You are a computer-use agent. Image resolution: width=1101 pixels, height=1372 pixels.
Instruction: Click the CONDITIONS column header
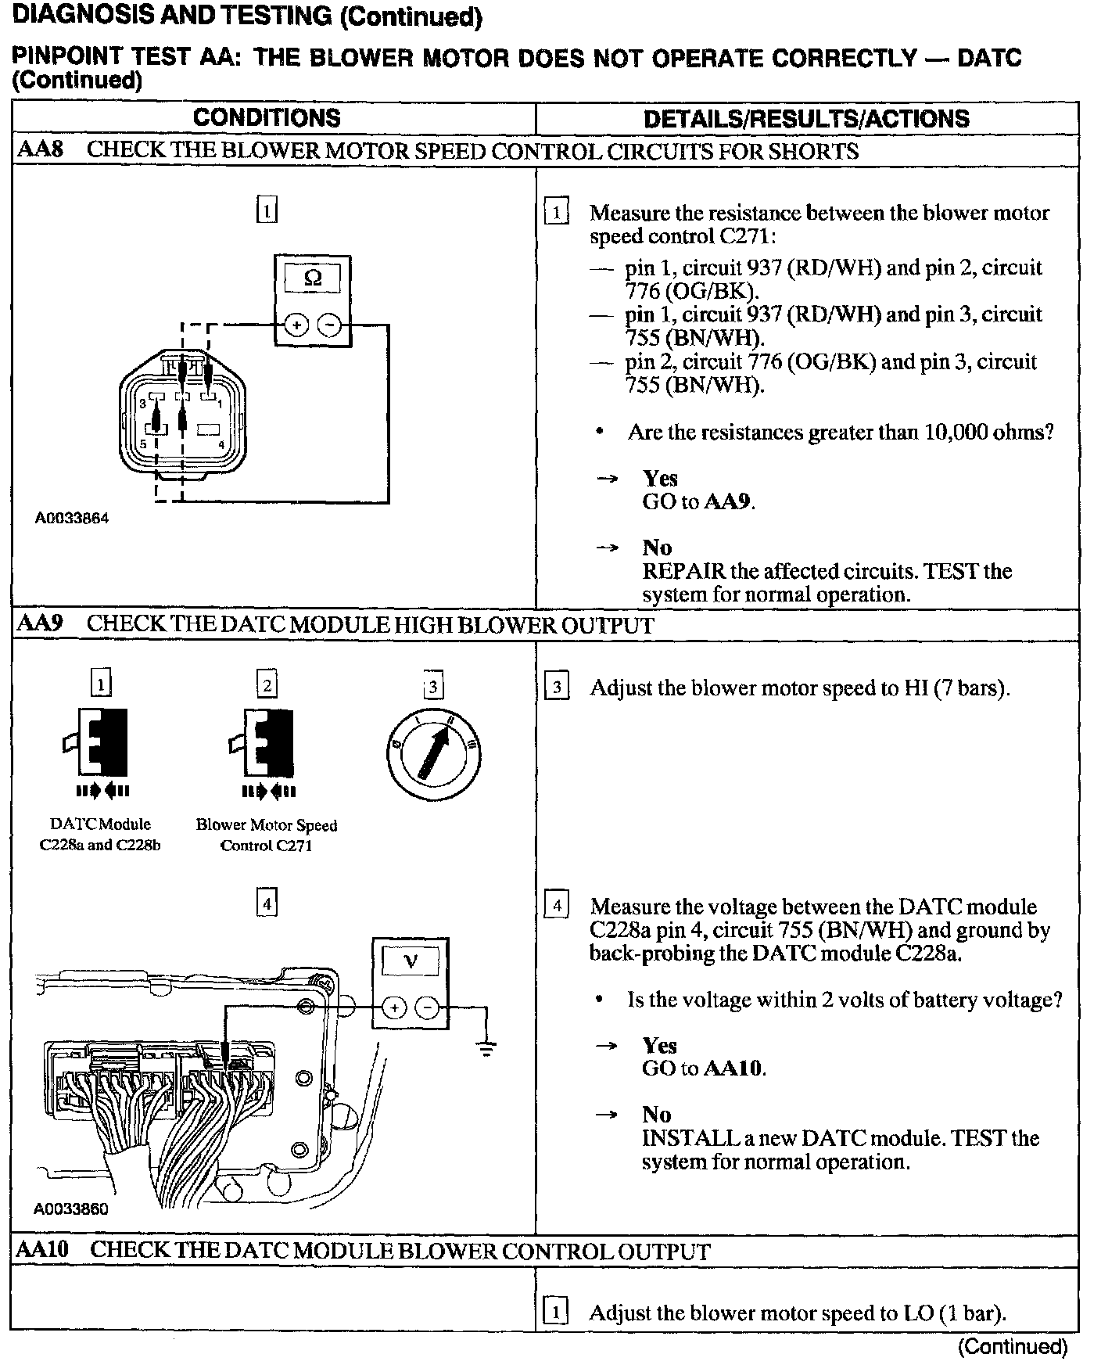[x=267, y=118]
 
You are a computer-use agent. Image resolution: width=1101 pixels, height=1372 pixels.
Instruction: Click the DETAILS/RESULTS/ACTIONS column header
[x=805, y=119]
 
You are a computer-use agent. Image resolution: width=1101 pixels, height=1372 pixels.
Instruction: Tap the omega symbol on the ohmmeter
[x=312, y=278]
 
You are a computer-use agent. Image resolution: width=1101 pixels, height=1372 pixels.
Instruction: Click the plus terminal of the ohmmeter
[x=296, y=324]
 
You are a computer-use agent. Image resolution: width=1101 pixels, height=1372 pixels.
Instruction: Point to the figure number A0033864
[x=72, y=518]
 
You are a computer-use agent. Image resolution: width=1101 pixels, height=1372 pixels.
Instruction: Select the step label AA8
[x=40, y=150]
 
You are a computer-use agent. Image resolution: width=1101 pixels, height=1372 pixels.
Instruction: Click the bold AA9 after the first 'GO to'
[x=728, y=501]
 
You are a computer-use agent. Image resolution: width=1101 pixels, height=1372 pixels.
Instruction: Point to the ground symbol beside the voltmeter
[x=486, y=1047]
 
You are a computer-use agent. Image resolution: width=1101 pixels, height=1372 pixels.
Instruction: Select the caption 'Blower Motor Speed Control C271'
[x=267, y=835]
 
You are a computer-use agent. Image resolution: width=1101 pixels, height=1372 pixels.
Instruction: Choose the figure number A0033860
[x=71, y=1209]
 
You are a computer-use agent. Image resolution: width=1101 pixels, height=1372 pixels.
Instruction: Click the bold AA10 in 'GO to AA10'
[x=733, y=1069]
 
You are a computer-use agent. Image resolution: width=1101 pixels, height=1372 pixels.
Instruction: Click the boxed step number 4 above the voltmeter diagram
[x=267, y=904]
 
